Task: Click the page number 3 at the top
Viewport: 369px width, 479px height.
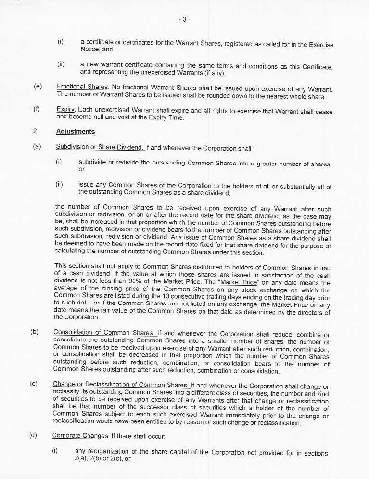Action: click(184, 20)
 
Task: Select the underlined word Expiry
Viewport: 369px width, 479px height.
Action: click(65, 110)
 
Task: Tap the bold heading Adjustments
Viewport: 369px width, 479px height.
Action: click(76, 131)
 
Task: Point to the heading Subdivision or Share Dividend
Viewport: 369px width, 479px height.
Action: click(100, 147)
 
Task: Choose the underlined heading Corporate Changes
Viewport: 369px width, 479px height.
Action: click(80, 436)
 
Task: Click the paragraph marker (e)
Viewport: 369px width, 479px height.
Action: click(38, 87)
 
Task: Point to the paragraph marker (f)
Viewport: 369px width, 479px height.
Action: click(37, 110)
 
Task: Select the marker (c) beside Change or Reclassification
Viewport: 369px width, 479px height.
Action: click(34, 385)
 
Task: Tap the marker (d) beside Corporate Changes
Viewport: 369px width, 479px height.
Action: click(33, 436)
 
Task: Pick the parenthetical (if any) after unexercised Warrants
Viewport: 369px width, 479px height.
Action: click(211, 73)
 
